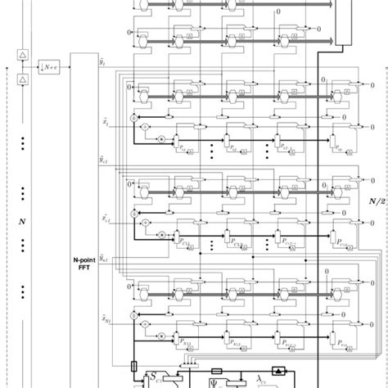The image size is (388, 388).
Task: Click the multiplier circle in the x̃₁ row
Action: tap(161, 139)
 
